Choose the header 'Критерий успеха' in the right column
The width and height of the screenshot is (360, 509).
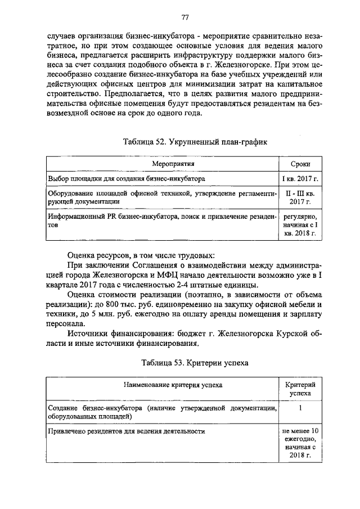(300, 389)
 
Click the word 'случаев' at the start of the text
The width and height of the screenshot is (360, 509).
(62, 35)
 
